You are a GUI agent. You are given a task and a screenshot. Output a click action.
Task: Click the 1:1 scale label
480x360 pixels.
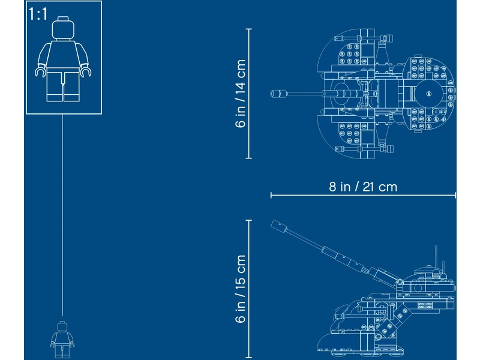38,14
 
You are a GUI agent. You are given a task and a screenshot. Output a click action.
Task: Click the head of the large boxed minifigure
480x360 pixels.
63,28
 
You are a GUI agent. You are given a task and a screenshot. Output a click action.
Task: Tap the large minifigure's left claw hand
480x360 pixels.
41,72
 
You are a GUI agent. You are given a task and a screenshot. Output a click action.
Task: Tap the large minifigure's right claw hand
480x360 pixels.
86,72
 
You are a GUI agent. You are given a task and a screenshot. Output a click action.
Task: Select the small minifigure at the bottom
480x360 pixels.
62,339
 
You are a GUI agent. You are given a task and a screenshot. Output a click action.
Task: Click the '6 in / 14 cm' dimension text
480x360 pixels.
241,94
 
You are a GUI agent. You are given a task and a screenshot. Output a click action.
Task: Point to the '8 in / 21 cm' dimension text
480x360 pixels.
363,187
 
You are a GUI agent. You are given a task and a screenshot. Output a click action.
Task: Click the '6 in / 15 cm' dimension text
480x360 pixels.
241,289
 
